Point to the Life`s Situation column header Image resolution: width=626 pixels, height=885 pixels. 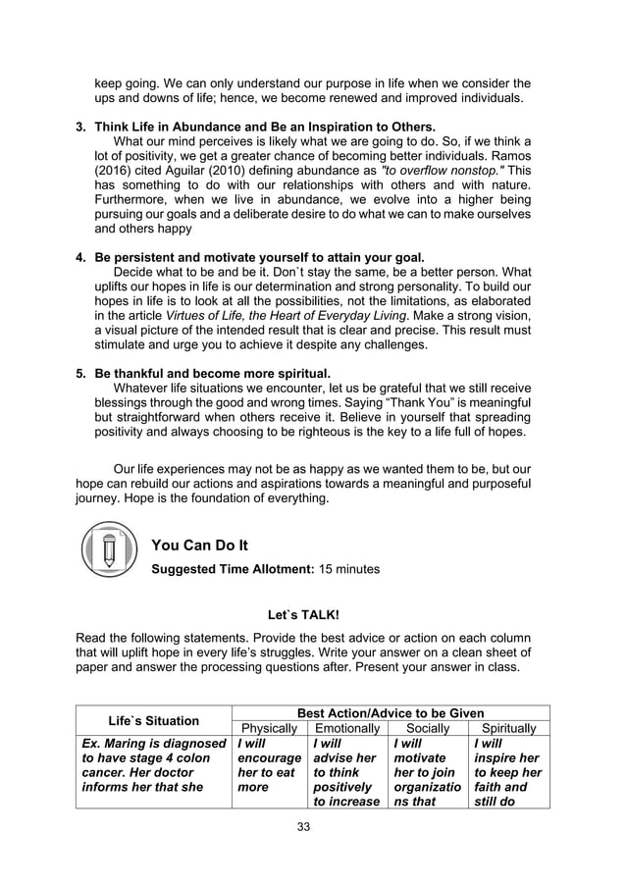click(153, 720)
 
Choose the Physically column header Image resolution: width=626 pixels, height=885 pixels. click(269, 729)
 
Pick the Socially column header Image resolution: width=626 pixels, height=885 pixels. click(428, 729)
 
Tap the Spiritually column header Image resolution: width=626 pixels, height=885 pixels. click(508, 729)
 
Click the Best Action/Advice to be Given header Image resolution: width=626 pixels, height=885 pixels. click(391, 712)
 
